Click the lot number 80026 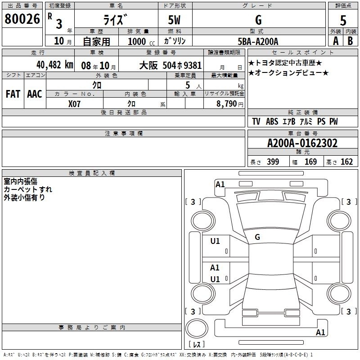click(22, 19)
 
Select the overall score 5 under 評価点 click(343, 20)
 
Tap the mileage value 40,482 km click(54, 65)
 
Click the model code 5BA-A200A click(258, 41)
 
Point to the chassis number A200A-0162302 click(302, 143)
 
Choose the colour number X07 click(74, 104)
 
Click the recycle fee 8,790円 click(230, 104)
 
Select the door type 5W click(174, 20)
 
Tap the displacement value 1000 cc click(141, 42)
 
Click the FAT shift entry click(13, 94)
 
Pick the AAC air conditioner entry click(35, 94)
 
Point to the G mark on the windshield click(257, 237)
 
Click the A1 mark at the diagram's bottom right click(320, 332)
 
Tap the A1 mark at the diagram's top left click(220, 184)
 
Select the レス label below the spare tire click(197, 344)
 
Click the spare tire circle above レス click(197, 328)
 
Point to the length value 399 click(273, 162)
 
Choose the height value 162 click(346, 162)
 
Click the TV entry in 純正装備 click(256, 121)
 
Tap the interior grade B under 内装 click(350, 41)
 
